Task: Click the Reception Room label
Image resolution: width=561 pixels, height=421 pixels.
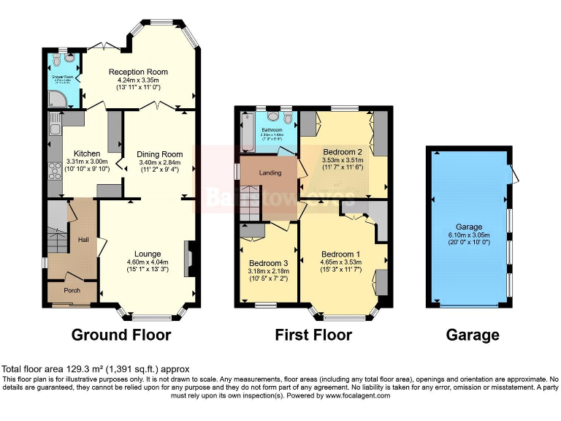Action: tap(138, 72)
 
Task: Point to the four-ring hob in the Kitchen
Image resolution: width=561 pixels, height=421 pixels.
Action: tap(54, 172)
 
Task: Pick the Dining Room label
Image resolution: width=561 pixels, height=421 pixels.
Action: tap(160, 154)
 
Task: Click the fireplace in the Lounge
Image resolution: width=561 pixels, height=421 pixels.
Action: tap(190, 259)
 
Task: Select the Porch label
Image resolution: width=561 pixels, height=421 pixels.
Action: tap(72, 290)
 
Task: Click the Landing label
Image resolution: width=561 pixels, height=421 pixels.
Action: tap(271, 172)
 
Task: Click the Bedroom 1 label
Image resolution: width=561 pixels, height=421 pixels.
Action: tap(341, 254)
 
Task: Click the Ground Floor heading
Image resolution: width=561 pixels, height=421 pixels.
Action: tap(121, 335)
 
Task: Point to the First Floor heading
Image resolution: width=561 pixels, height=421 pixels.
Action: tap(313, 335)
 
